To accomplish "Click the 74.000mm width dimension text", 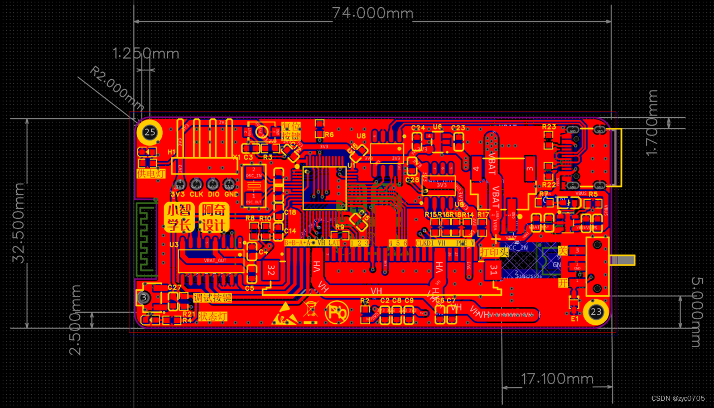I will tap(373, 13).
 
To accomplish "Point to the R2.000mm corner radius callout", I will tap(118, 88).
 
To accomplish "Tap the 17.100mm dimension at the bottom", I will tap(557, 379).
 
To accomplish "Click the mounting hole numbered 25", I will tap(149, 132).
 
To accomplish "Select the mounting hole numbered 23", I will tap(596, 311).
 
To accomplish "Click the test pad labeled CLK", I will tap(196, 185).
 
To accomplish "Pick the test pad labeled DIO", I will tap(213, 185).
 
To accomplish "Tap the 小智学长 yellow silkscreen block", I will tap(179, 218).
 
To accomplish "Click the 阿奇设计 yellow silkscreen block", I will tap(214, 218).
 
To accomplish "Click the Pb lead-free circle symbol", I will tap(337, 313).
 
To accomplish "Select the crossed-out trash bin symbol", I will tap(311, 313).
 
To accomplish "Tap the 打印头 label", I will tap(494, 252).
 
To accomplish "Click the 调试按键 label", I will tap(212, 297).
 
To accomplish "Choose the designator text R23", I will tap(549, 127).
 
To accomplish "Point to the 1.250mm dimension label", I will tap(146, 54).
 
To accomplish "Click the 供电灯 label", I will tap(151, 174).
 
